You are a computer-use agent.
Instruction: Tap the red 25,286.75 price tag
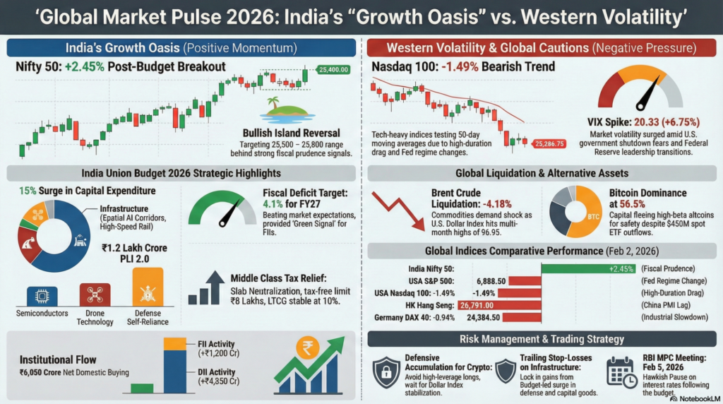549,143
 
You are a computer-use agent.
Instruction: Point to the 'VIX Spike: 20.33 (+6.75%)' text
639,120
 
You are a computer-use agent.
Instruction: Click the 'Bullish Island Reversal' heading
291,133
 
